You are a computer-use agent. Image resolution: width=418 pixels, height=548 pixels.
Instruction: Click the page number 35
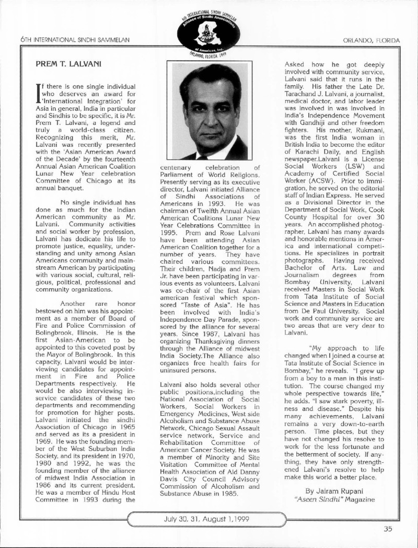click(x=387, y=528)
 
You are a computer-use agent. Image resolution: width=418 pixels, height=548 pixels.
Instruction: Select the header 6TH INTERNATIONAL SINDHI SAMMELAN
click(x=74, y=40)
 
